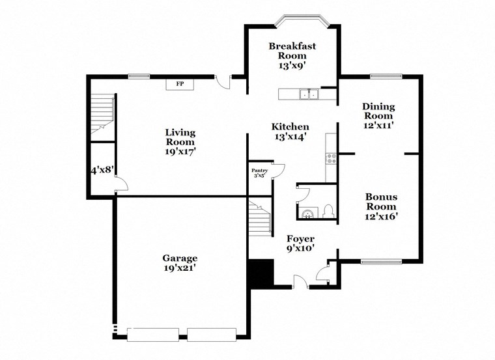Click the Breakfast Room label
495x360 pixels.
click(x=287, y=51)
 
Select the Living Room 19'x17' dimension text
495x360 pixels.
click(x=180, y=151)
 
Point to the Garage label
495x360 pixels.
click(x=180, y=258)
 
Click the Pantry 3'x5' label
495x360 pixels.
click(x=259, y=173)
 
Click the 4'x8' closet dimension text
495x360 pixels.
click(x=102, y=170)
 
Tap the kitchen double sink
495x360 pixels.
click(x=308, y=94)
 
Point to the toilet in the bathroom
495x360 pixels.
click(x=328, y=210)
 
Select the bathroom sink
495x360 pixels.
click(x=306, y=212)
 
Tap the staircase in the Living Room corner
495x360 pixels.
click(x=102, y=114)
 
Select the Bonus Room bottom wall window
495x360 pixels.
click(x=376, y=262)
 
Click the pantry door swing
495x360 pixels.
click(x=278, y=171)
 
